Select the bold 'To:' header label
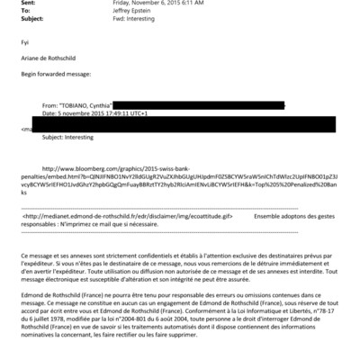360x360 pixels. [26, 11]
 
